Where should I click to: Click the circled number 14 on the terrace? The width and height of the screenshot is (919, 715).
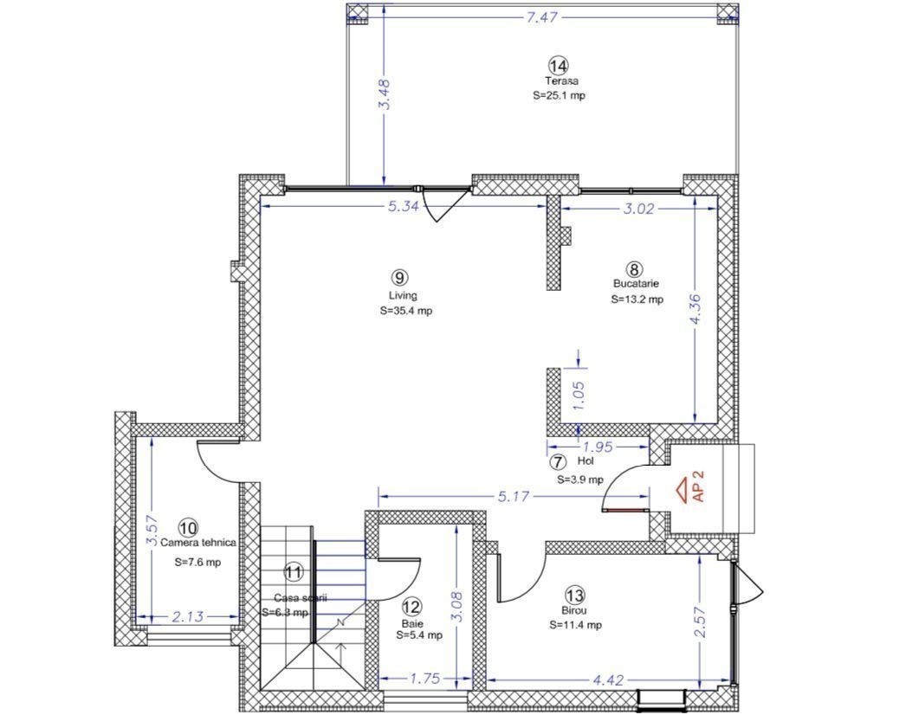(558, 64)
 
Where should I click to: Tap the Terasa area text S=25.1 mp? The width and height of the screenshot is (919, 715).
(559, 95)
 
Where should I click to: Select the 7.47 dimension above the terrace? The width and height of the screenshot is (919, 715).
(541, 17)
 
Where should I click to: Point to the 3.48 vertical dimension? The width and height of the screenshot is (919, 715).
(384, 94)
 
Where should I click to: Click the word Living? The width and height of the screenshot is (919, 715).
(403, 295)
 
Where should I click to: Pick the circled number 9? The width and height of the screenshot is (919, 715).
(398, 278)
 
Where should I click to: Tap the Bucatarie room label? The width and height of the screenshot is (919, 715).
(636, 283)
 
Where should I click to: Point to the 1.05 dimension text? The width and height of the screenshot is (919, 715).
(579, 396)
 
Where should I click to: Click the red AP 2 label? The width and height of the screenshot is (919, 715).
(698, 486)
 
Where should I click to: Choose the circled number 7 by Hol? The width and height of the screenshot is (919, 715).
(558, 462)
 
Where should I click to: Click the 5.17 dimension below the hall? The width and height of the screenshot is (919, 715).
(514, 497)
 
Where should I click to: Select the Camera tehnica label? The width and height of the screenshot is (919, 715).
(198, 543)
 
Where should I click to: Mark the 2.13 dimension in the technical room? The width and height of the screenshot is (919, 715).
(188, 616)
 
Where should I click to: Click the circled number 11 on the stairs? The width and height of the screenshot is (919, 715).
(294, 572)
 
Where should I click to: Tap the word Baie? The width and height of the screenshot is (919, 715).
(412, 623)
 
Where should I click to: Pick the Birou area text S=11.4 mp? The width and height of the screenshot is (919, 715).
(575, 625)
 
